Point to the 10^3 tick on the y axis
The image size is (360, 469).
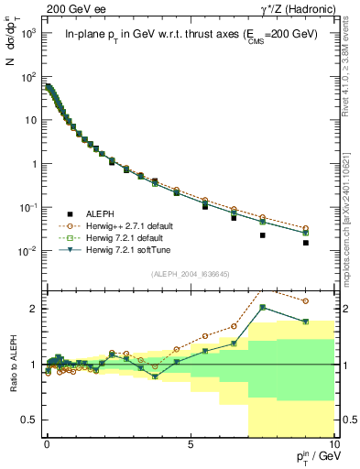(x=27, y=32)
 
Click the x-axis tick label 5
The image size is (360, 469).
(x=190, y=442)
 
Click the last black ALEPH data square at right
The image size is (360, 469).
(x=331, y=243)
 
